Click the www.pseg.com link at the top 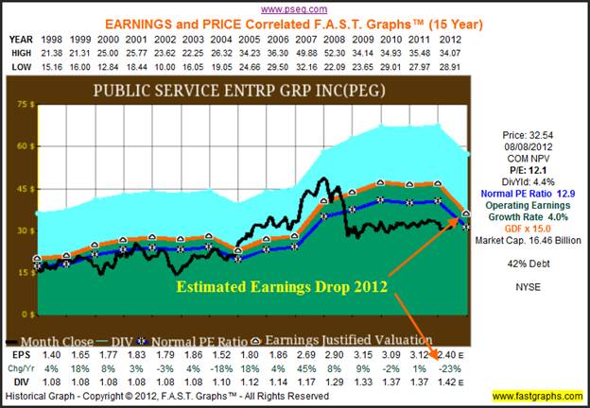coord(293,8)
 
